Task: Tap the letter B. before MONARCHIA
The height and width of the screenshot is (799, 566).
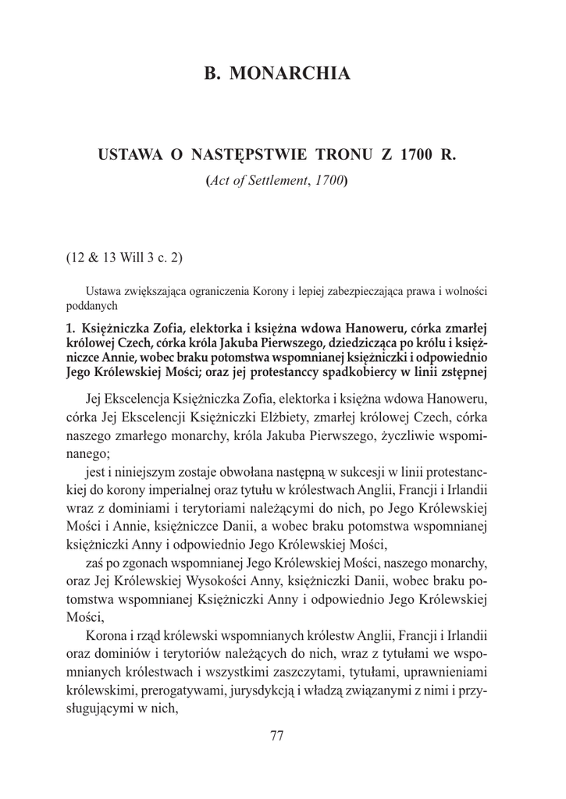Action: pos(212,74)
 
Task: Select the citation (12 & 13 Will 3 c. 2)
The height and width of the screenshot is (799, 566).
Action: pos(124,257)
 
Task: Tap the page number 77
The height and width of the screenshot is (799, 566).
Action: pos(276,735)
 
